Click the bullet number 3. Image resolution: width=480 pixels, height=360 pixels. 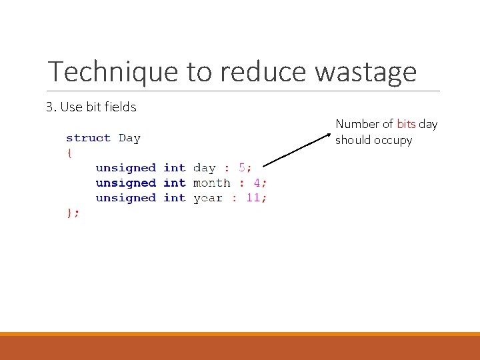click(50, 107)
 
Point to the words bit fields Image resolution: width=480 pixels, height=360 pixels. click(114, 107)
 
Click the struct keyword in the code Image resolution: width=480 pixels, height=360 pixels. click(88, 138)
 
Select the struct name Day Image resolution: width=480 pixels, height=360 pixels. click(129, 138)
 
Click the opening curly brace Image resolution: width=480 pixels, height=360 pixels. click(69, 153)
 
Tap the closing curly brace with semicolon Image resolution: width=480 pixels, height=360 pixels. click(73, 213)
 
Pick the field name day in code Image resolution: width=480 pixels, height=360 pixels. click(204, 168)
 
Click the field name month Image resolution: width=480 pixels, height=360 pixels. click(211, 183)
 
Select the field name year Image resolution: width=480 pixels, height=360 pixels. click(207, 198)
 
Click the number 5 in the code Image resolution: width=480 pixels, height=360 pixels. click(242, 168)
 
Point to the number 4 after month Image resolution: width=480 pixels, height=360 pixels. click(257, 183)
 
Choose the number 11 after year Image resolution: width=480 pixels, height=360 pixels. click(253, 198)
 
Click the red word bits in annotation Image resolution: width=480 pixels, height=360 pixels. click(406, 124)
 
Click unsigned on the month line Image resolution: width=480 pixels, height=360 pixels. click(125, 183)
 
